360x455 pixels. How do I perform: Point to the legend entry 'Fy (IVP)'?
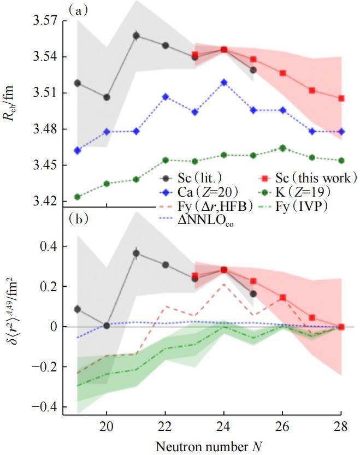pos(300,208)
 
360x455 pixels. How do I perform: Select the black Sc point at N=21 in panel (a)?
pos(136,36)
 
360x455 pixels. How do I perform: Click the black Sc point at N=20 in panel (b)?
pos(107,326)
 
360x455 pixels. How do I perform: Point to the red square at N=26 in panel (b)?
pos(282,298)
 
